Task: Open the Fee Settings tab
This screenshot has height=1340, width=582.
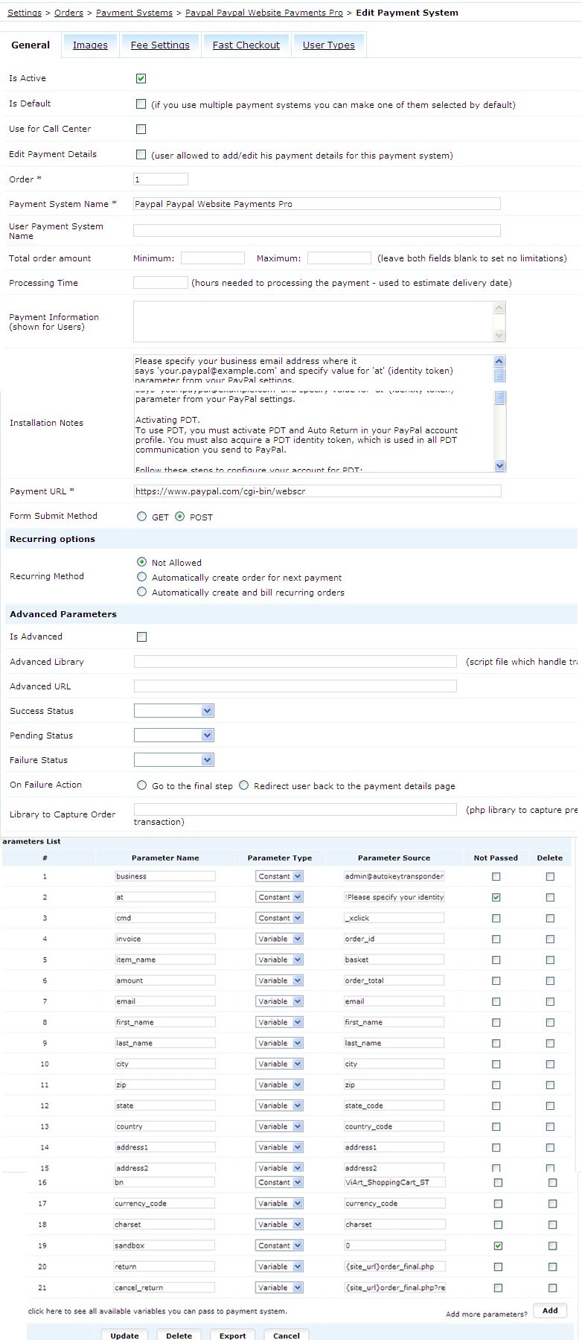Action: (160, 45)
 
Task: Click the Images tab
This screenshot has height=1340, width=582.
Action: (90, 45)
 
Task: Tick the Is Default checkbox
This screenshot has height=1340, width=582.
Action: (141, 104)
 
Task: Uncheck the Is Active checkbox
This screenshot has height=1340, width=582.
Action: (141, 78)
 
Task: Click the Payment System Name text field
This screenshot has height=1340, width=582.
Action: (316, 204)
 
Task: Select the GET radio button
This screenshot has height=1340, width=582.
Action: (141, 517)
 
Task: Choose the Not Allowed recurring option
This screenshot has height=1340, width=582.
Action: (141, 562)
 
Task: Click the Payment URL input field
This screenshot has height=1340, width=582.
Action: (317, 491)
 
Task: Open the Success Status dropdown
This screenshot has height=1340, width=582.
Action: (174, 711)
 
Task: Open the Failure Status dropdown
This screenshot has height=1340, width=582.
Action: (174, 760)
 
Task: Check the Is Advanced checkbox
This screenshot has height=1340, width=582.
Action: (141, 636)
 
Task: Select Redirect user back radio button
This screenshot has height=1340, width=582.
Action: (243, 785)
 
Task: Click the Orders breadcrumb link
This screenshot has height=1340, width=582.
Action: (68, 13)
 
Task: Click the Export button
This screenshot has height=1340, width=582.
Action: (232, 1335)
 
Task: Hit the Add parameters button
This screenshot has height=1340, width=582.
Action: (550, 1311)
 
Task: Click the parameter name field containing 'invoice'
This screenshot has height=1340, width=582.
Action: (165, 939)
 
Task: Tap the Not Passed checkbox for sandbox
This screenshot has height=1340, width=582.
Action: (498, 1245)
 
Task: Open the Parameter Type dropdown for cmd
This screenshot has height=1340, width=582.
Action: (279, 918)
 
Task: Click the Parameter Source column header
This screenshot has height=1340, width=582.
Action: (394, 858)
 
